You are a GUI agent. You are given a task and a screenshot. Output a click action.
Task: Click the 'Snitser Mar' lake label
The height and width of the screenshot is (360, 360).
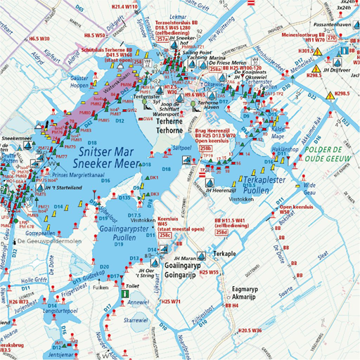point(102,150)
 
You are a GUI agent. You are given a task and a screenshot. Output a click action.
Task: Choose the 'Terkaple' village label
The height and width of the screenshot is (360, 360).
point(226,251)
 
